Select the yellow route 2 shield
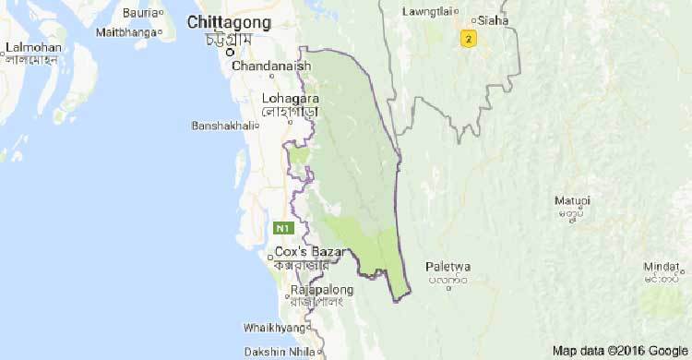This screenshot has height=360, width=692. (x=470, y=39)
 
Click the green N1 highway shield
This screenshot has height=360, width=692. (x=282, y=227)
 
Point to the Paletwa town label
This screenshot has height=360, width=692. (x=448, y=266)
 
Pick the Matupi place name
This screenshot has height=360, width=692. (x=572, y=200)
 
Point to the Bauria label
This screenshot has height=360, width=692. (x=138, y=13)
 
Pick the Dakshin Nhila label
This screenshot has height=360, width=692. (x=279, y=351)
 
